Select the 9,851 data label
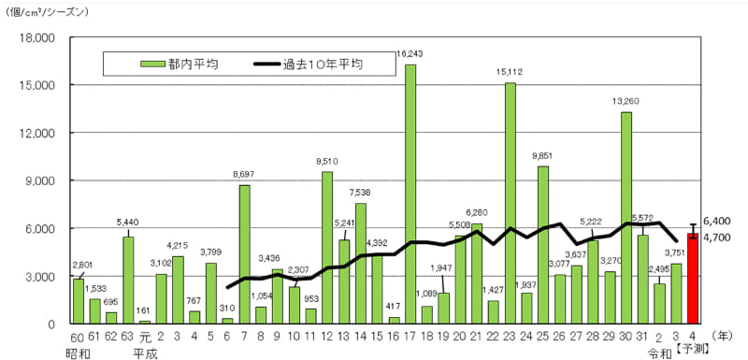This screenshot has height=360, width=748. (x=543, y=155)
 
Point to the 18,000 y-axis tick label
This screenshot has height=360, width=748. (x=39, y=37)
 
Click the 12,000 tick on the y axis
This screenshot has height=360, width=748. (x=39, y=133)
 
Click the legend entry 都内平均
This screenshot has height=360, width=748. (x=172, y=65)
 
